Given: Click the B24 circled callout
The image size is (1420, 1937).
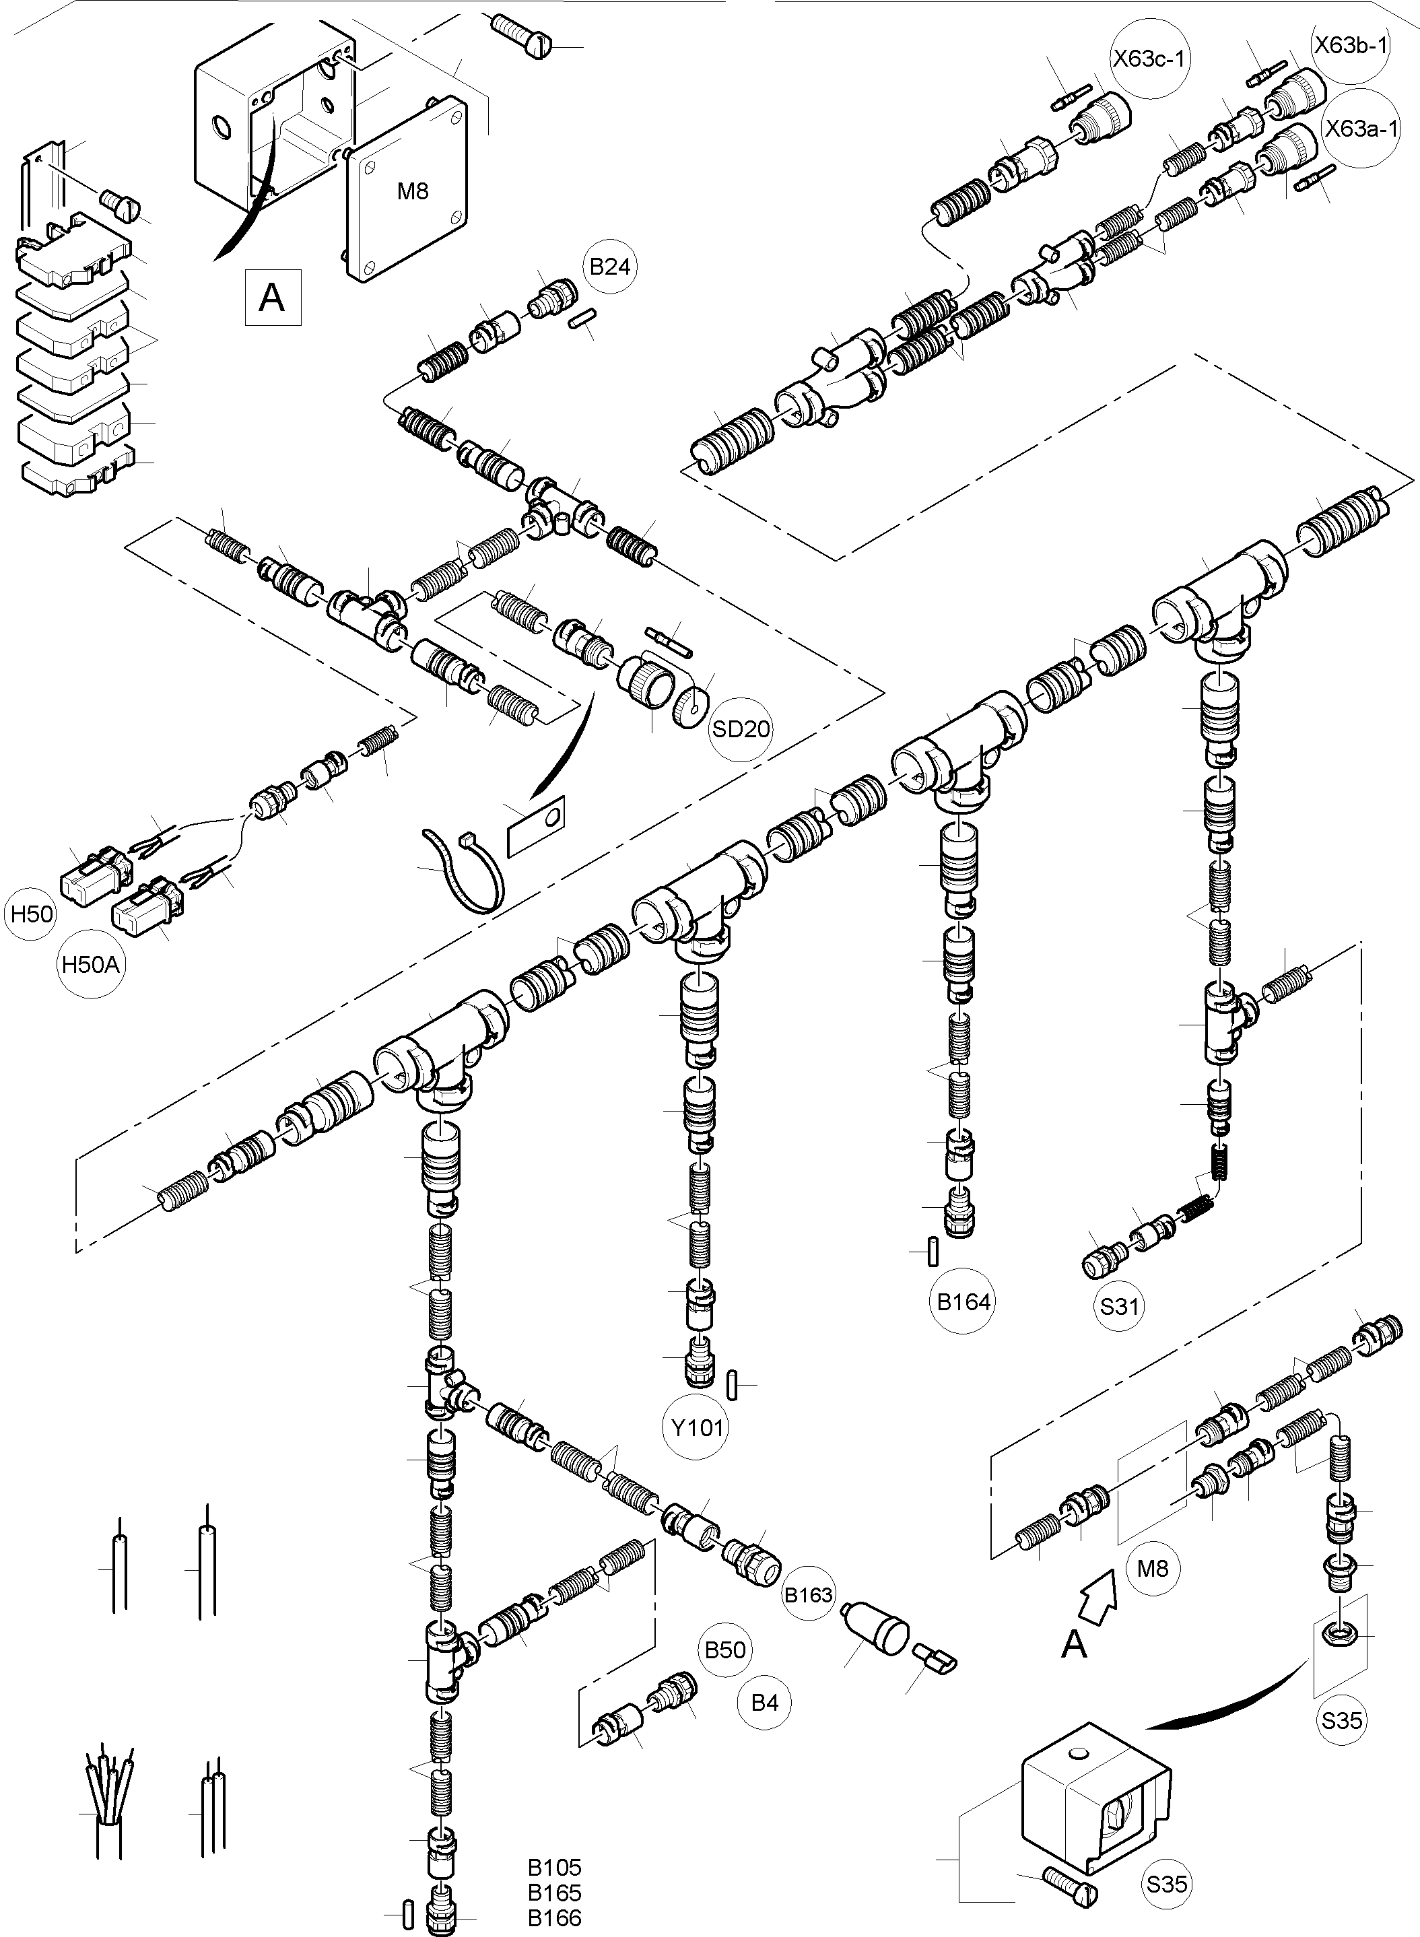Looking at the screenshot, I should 609,267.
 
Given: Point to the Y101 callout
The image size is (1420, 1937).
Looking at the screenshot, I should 697,1427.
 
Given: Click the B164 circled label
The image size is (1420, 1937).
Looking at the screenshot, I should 963,1302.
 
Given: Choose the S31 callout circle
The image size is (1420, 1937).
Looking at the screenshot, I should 1119,1306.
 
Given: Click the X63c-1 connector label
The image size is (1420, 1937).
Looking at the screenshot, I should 1150,59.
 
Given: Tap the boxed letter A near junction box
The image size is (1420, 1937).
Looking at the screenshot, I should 273,298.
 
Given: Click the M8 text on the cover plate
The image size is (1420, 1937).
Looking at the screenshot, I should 413,191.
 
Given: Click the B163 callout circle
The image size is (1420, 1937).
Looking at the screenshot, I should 808,1595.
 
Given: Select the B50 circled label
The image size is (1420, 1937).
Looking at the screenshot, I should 724,1650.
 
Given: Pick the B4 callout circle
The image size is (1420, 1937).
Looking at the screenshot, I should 764,1703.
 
